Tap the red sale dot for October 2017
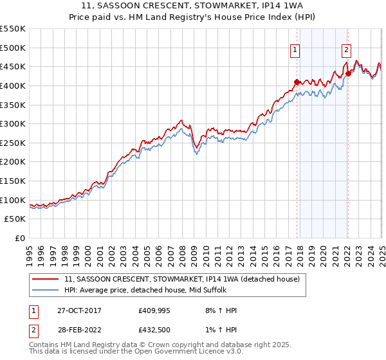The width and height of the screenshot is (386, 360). tap(297, 82)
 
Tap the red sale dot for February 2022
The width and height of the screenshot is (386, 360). tap(347, 73)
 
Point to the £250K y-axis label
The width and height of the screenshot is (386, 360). tap(14, 143)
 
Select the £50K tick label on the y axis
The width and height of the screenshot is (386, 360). tap(16, 219)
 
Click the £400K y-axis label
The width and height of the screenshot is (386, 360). tap(14, 85)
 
